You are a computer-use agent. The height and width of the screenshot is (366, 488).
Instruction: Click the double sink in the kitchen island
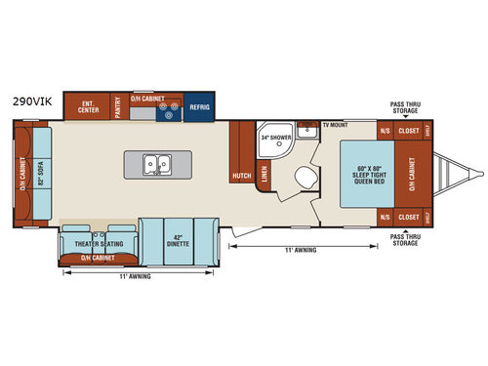[156, 164]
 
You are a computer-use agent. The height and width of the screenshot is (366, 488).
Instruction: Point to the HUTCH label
[240, 176]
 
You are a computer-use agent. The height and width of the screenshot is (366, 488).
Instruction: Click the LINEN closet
[264, 175]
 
